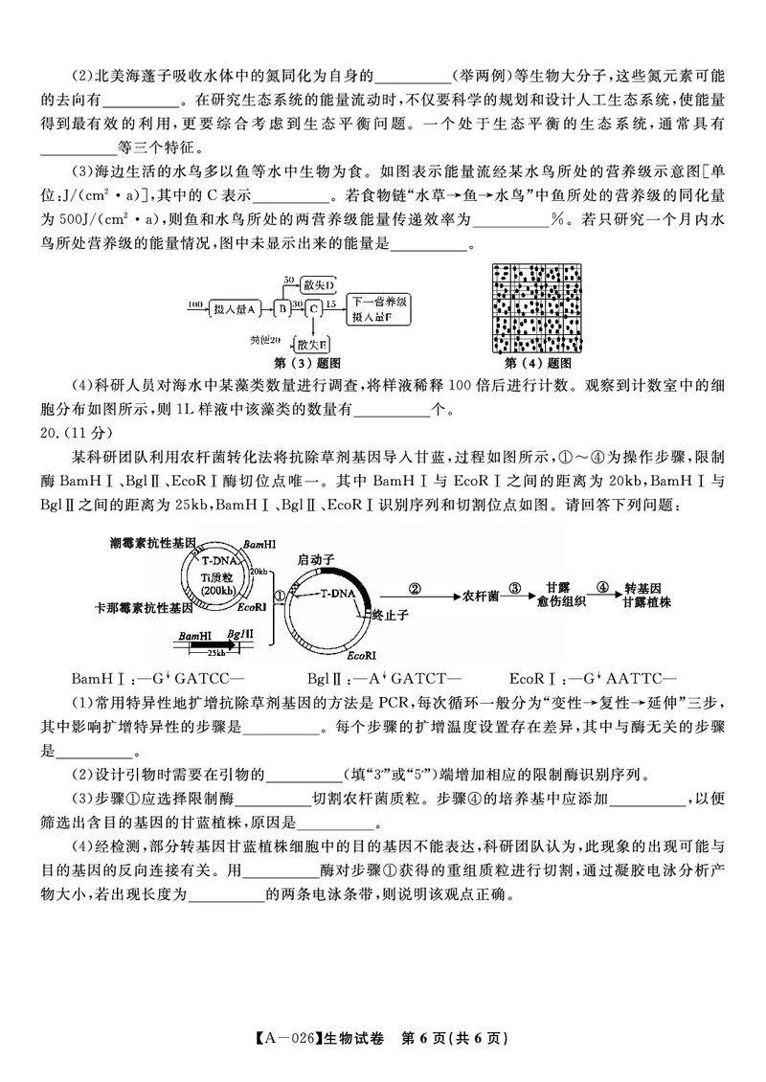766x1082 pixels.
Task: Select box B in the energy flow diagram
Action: (x=282, y=308)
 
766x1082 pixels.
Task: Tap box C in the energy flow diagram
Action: (x=313, y=308)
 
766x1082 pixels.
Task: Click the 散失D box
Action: (x=317, y=285)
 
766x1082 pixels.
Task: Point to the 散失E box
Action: (x=313, y=343)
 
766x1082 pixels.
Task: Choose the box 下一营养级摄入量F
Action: (x=380, y=308)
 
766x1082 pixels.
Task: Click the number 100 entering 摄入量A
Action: (x=194, y=304)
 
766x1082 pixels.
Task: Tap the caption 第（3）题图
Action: (x=308, y=364)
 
